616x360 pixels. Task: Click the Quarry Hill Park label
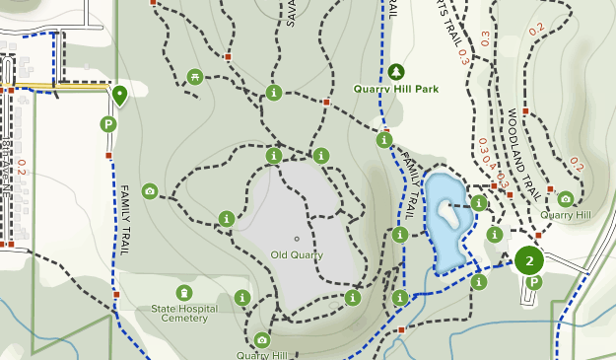(x=396, y=89)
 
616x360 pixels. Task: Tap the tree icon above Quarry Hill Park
(x=396, y=71)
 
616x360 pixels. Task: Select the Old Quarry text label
(x=297, y=255)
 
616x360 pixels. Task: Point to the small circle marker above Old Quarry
(x=297, y=239)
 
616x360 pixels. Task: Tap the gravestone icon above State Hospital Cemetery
(x=184, y=292)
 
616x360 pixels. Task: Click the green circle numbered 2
(x=530, y=260)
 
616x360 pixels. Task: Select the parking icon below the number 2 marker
(x=533, y=283)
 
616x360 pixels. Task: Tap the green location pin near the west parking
(x=119, y=95)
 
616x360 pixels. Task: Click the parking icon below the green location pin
(x=108, y=124)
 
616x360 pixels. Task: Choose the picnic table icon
(x=195, y=77)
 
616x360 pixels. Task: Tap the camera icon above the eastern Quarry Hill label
(x=565, y=198)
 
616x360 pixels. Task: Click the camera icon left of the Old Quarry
(x=150, y=190)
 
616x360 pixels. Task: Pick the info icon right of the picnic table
(x=274, y=93)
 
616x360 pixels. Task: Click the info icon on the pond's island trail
(x=479, y=203)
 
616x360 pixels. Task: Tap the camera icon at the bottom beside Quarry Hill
(x=261, y=340)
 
